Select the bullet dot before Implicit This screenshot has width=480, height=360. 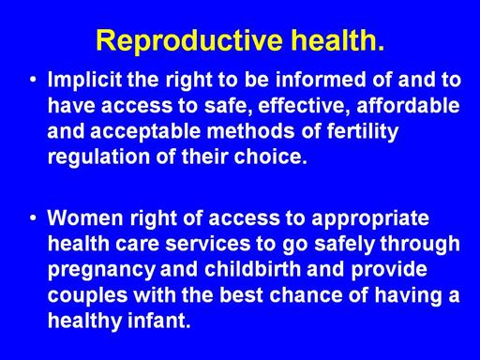[x=33, y=79]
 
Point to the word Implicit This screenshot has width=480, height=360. [x=84, y=80]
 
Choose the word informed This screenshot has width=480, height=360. [x=321, y=80]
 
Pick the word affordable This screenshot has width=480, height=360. [x=408, y=105]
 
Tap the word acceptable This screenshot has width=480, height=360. [x=145, y=132]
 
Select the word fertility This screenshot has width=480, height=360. [x=363, y=132]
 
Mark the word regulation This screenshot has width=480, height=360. [x=98, y=157]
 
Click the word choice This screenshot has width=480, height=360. [x=271, y=157]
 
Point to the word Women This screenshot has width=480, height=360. [x=85, y=217]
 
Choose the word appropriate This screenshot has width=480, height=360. [x=370, y=219]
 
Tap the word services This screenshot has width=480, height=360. [x=208, y=245]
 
